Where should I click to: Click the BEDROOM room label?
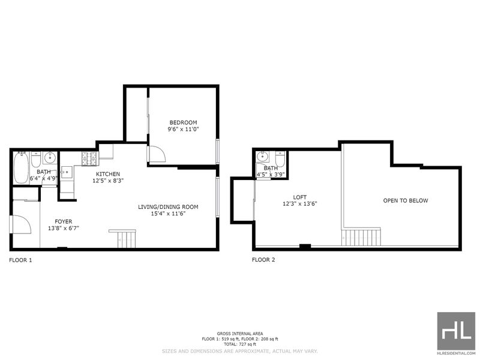click(184, 122)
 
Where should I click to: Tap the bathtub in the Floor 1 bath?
click(21, 168)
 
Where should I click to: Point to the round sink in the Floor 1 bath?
click(49, 158)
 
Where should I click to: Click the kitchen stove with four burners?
click(89, 159)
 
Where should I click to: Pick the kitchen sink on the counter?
click(67, 172)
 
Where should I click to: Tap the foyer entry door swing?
click(22, 224)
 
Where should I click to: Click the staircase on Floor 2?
click(361, 237)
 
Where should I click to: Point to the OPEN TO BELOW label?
click(406, 200)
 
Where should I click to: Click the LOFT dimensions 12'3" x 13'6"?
click(299, 204)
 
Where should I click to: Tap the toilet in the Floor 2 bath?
click(280, 159)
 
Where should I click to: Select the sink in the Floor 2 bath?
click(263, 157)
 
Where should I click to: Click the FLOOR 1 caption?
click(20, 260)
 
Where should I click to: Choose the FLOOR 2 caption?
click(263, 260)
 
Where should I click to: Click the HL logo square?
click(456, 331)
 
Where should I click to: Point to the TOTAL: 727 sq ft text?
click(240, 344)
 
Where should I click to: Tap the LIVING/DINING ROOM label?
click(168, 207)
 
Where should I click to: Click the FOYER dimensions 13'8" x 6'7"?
click(64, 228)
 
